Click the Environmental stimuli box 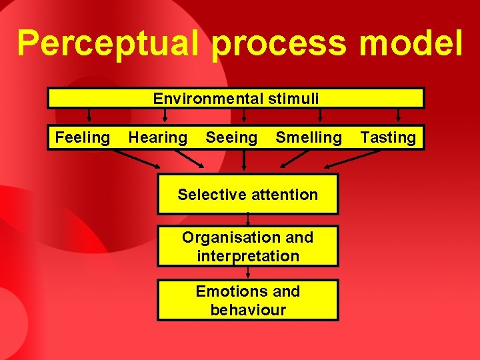235,99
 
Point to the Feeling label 82,138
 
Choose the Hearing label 157,138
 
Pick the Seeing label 231,138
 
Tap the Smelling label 308,138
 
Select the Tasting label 387,138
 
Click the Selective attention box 247,195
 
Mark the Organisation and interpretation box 247,246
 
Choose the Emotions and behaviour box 247,301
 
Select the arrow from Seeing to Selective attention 244,160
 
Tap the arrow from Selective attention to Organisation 248,220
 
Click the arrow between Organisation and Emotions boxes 248,273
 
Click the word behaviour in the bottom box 247,310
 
